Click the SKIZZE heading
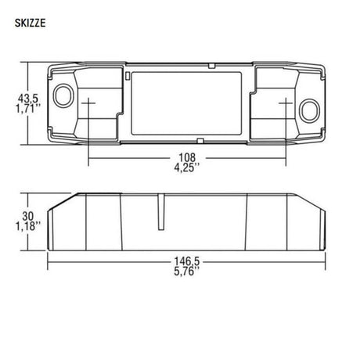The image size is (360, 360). (30, 23)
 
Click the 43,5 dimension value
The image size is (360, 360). (28, 99)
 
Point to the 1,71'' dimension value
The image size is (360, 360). (28, 109)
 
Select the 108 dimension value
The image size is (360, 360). (187, 157)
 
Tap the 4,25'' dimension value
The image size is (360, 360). (187, 167)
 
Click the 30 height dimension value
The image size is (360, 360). (28, 216)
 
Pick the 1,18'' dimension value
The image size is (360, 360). (28, 226)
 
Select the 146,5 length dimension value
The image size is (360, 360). (187, 261)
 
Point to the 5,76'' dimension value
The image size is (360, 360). (187, 272)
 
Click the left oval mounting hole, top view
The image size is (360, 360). (63, 95)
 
